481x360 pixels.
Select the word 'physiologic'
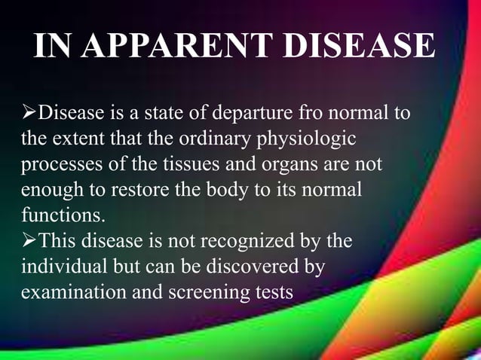(x=312, y=139)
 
